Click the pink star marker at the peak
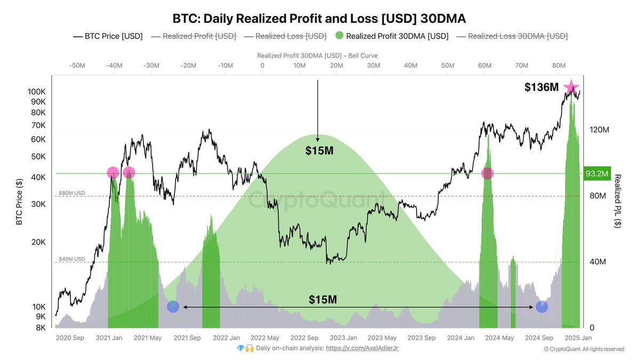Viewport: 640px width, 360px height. [571, 87]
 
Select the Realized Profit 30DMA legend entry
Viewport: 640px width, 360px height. [391, 36]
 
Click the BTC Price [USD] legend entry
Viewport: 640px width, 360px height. [108, 36]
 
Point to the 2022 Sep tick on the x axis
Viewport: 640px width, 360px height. [305, 338]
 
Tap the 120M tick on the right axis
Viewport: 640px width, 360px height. [598, 130]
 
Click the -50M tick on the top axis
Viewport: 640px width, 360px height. [77, 65]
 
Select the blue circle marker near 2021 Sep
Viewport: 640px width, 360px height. [173, 307]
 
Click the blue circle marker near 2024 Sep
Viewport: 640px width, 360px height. [542, 307]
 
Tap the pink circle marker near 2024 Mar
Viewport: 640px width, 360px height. [487, 173]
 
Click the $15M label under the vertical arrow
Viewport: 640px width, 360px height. [319, 151]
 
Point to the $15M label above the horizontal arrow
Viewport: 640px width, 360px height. [323, 299]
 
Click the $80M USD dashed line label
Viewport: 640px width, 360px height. [71, 193]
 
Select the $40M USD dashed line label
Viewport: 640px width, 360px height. [71, 259]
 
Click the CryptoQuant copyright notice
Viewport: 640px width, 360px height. [584, 349]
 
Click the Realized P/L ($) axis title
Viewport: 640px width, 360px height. [617, 201]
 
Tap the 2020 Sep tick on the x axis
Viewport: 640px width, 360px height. [69, 338]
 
